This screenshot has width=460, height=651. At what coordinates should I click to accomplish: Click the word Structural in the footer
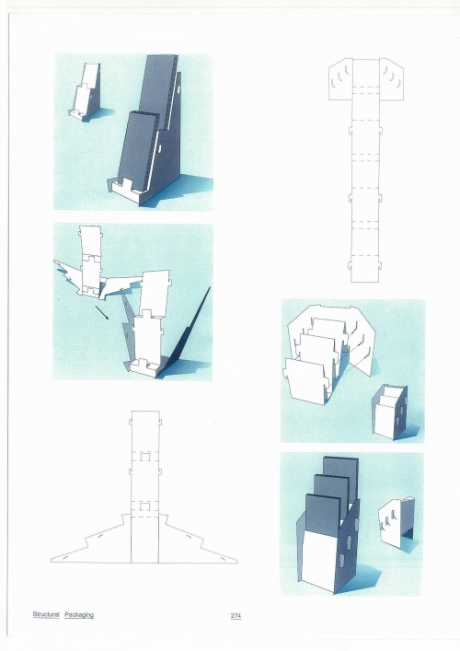(46, 614)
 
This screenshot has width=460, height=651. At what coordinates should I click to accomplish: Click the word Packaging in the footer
(79, 615)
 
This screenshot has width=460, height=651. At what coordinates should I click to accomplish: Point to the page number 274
(236, 616)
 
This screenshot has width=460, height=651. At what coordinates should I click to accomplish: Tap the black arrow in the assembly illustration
(102, 313)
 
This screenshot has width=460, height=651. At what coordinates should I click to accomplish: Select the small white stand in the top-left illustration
(85, 93)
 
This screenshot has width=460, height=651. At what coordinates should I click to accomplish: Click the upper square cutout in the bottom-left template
(144, 457)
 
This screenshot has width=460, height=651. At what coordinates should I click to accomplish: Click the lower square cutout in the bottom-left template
(144, 506)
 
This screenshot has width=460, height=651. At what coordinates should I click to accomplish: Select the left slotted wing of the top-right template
(340, 79)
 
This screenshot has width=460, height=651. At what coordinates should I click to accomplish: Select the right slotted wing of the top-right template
(392, 79)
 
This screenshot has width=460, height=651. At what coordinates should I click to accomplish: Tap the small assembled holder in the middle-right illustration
(389, 412)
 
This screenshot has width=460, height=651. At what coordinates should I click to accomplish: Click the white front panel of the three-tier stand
(318, 556)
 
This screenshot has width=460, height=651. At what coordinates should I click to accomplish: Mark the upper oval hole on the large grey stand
(178, 89)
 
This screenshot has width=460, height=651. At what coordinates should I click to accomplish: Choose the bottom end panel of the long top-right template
(365, 272)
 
